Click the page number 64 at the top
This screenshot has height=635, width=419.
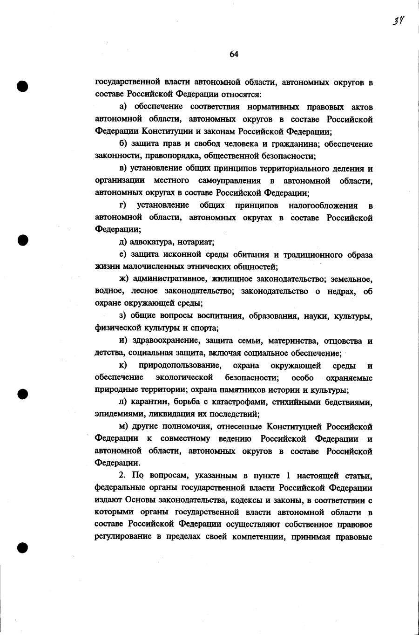click(x=234, y=55)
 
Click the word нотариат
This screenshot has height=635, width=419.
click(x=197, y=242)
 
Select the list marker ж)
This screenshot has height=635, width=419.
click(x=123, y=279)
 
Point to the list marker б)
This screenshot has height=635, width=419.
click(x=123, y=144)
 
